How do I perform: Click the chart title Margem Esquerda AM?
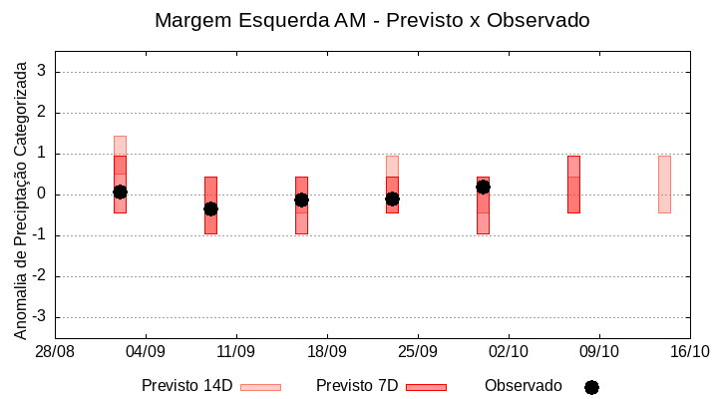click(373, 20)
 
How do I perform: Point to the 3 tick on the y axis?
click(43, 72)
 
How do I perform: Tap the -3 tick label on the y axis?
click(40, 317)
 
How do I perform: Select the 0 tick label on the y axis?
click(43, 195)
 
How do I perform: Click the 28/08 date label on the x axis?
click(55, 351)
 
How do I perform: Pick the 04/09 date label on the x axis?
click(146, 351)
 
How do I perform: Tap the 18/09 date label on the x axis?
click(327, 351)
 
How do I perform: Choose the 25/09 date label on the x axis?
click(418, 351)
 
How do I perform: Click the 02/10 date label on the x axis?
click(509, 351)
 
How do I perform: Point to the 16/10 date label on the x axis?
click(690, 351)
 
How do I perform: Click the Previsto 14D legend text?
click(186, 386)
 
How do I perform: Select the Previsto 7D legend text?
click(357, 386)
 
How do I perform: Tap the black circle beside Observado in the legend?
click(591, 387)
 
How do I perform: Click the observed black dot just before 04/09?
click(120, 192)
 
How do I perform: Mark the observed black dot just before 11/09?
click(210, 208)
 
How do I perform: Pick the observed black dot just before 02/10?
click(483, 187)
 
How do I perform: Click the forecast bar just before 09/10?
click(573, 185)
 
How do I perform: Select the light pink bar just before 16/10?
click(664, 185)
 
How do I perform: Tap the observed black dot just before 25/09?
click(392, 199)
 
